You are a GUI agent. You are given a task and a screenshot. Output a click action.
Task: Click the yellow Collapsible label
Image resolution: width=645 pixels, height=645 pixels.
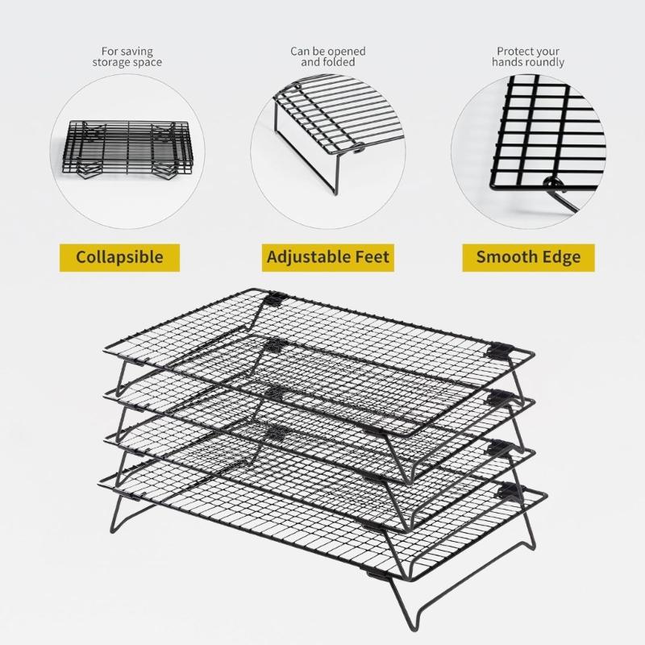119,257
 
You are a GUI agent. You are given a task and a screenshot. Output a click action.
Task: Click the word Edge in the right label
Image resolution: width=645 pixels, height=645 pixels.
561,257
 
